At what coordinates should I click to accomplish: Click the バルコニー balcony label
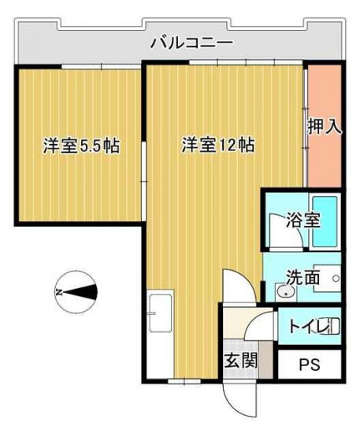pos(191,43)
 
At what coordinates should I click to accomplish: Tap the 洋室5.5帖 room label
pos(81,146)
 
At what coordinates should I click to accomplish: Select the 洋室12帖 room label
pos(217,145)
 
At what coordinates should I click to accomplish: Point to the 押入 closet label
pos(325,127)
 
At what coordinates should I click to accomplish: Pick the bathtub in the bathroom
pos(325,221)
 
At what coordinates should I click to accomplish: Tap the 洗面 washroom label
pos(302,277)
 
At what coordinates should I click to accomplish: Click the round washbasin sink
pos(284,292)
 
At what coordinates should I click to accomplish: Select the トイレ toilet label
pos(309,326)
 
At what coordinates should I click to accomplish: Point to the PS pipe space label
pos(310,365)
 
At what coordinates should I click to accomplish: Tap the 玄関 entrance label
pos(241,361)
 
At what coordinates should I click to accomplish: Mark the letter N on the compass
pos(58,292)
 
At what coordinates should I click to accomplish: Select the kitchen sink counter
pos(161,334)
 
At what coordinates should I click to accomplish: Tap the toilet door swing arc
pos(252,320)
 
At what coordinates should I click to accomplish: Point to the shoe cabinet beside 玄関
pos(265,360)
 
